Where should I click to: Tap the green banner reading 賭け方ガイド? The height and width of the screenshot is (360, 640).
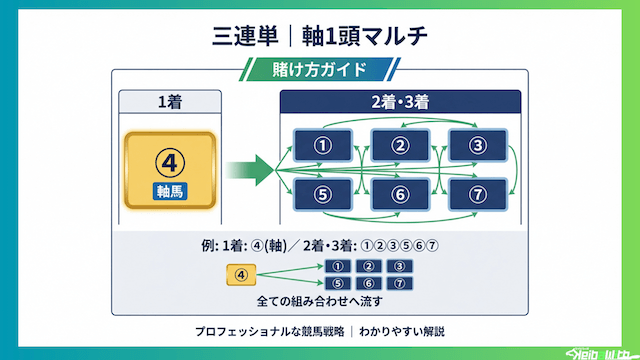coord(320,70)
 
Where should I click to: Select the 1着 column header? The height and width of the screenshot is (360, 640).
coord(169,101)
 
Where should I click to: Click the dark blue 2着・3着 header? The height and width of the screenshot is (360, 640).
coord(400,101)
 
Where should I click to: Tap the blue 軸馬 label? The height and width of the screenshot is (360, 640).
coord(169,191)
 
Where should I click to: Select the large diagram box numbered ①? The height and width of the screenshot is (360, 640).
coord(322,145)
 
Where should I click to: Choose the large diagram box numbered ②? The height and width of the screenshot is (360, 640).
coord(400,145)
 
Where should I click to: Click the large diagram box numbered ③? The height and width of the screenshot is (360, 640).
coord(478,145)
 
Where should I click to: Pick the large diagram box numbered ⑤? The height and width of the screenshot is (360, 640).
coord(322,194)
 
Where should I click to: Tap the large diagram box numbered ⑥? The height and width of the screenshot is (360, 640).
coord(400,194)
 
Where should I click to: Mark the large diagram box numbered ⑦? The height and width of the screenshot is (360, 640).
coord(478,194)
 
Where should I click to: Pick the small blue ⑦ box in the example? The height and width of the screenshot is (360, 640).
coord(400,282)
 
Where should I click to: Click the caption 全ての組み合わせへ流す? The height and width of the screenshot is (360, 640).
coord(319,300)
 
